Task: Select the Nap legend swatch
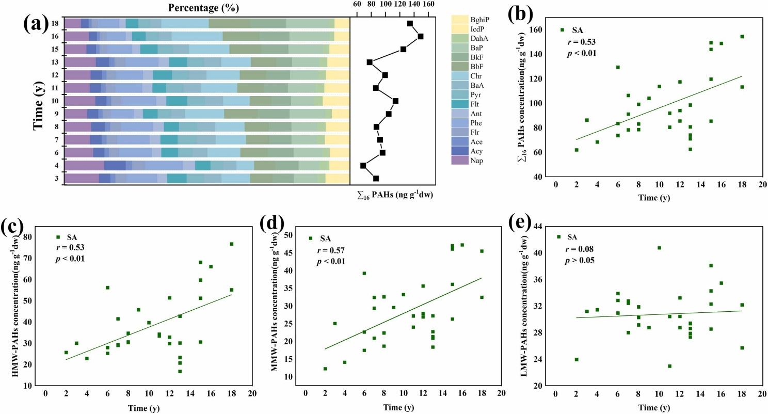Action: tap(459, 160)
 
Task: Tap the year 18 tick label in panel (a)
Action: tap(53, 23)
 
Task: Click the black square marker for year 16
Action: tap(421, 36)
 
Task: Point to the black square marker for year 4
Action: tap(363, 165)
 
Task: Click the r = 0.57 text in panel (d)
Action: tap(330, 251)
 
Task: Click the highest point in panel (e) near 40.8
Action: tap(659, 248)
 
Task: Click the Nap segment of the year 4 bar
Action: tap(84, 165)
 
